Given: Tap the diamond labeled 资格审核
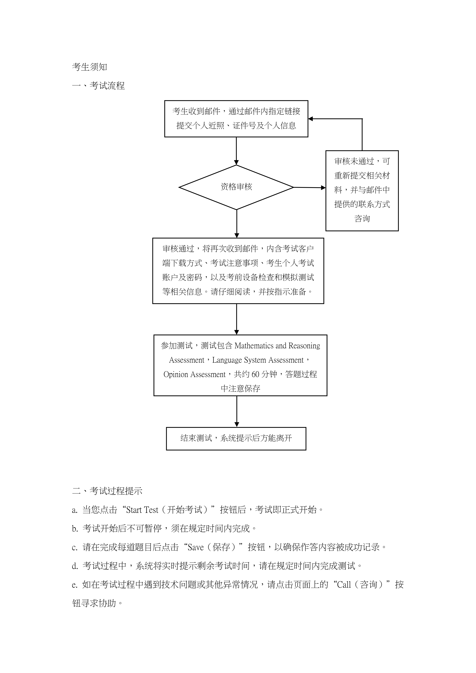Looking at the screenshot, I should click(x=236, y=187).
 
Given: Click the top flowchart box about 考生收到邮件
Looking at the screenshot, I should click(x=236, y=119).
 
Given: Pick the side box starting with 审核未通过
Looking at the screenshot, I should click(x=362, y=191).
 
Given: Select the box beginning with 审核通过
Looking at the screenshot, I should click(x=238, y=271).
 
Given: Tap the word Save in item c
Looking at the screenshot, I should click(x=195, y=547).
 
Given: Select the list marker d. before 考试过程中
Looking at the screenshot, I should click(x=75, y=566).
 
